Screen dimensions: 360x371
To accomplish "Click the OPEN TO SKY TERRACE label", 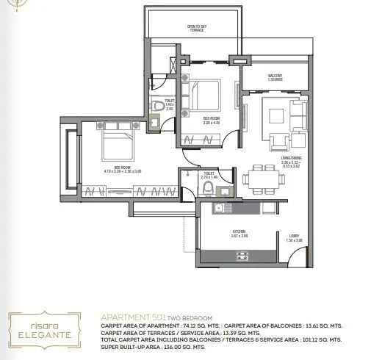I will coord(195,28).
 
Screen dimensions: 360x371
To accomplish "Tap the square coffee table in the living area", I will coord(277,115).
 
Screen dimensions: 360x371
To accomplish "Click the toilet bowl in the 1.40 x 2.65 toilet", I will coord(161,108).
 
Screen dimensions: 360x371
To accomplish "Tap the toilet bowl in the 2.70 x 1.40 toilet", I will coord(208,190).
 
